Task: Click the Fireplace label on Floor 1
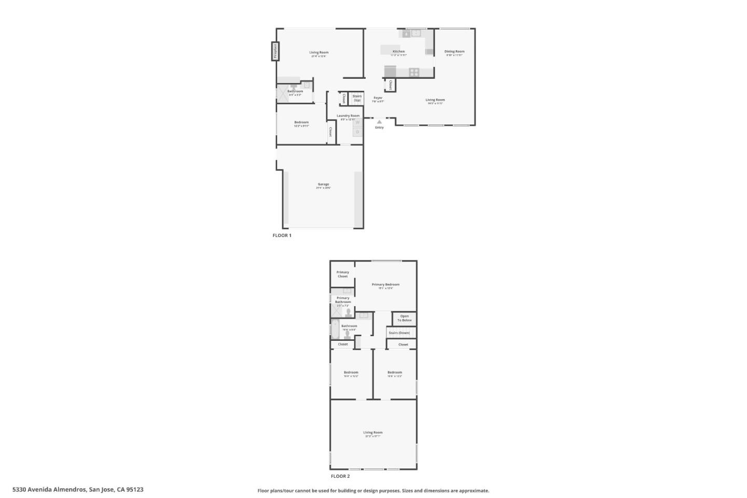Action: tap(275, 51)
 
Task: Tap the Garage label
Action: tap(323, 184)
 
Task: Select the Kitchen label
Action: tap(398, 51)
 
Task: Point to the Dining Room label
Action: tap(454, 51)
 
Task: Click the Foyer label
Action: tap(378, 98)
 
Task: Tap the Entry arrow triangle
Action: tap(379, 122)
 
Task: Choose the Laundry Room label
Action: tap(348, 116)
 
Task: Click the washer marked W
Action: tap(357, 123)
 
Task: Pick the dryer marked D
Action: tap(357, 132)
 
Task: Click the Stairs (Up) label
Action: tap(357, 98)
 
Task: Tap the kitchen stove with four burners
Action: tap(414, 72)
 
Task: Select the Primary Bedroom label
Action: tap(385, 284)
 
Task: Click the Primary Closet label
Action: tap(342, 274)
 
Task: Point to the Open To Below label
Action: tap(404, 318)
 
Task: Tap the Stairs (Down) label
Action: tap(399, 333)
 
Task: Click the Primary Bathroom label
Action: tap(343, 300)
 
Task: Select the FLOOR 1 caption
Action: tap(282, 236)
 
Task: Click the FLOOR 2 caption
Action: tap(340, 476)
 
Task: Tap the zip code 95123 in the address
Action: tap(134, 489)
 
